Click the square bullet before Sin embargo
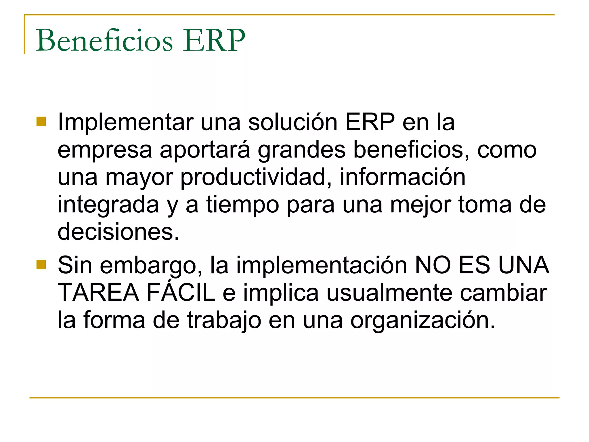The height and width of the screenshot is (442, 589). click(41, 264)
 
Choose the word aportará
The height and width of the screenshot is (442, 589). click(205, 150)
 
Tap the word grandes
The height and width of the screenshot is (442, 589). click(301, 150)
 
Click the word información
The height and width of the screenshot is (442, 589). click(403, 177)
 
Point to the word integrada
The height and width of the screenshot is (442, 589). click(108, 205)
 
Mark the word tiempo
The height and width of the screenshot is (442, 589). click(242, 205)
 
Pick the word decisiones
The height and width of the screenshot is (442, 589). click(118, 232)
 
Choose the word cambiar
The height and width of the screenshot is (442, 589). click(503, 293)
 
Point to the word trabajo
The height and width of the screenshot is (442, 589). click(224, 320)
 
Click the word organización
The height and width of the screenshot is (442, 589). click(423, 320)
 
